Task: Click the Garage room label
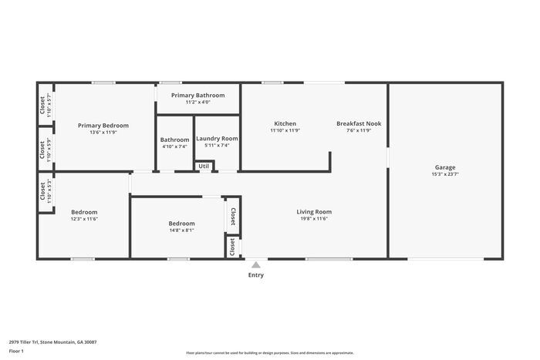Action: click(x=445, y=167)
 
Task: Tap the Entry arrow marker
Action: click(x=255, y=264)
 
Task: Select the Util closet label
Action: click(x=204, y=166)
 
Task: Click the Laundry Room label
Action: click(x=217, y=139)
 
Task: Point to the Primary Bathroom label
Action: click(x=198, y=95)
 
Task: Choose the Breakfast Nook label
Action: click(x=359, y=123)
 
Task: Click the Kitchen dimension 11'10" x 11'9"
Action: click(x=285, y=130)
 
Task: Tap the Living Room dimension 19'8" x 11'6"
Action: click(x=314, y=219)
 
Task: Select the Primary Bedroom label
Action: click(x=103, y=125)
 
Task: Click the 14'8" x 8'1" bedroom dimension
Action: click(x=181, y=230)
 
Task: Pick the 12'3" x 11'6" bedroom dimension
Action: click(x=84, y=219)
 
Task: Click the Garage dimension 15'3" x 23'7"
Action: click(x=445, y=174)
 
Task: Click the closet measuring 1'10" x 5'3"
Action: click(x=42, y=192)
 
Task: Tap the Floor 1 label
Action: click(x=16, y=351)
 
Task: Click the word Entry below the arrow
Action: click(x=255, y=275)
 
